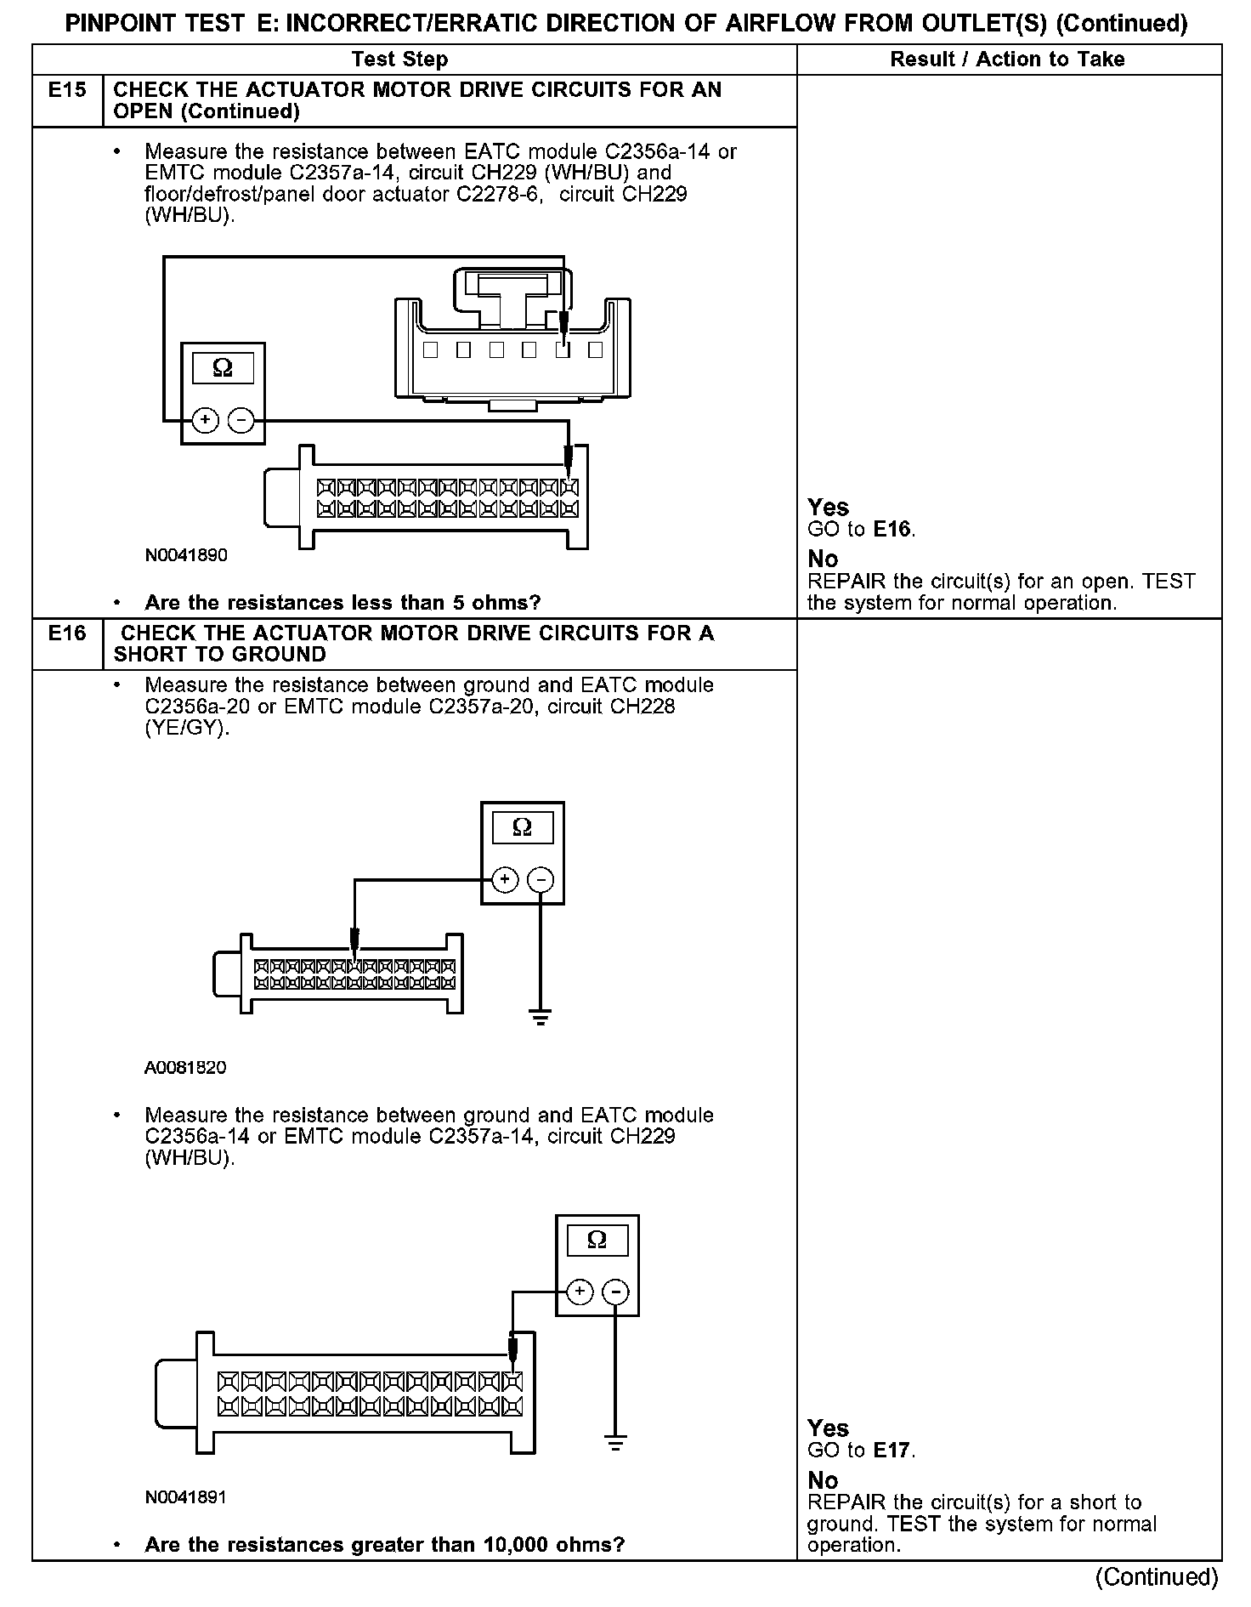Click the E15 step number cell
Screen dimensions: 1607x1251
click(67, 90)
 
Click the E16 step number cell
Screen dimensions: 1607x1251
click(67, 633)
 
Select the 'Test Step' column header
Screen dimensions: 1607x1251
click(399, 59)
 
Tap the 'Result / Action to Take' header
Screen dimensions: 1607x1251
click(1007, 59)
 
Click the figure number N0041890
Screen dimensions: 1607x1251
click(186, 555)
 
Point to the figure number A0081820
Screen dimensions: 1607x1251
click(185, 1067)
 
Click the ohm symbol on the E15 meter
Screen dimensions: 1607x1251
click(223, 368)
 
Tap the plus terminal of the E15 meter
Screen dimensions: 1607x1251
click(205, 420)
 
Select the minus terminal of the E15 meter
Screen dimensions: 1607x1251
click(241, 420)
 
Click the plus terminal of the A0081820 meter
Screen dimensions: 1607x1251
click(505, 879)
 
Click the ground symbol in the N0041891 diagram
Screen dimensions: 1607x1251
click(616, 1442)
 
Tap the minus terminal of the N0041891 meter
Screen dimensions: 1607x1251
click(615, 1292)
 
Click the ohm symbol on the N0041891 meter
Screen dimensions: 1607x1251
click(597, 1241)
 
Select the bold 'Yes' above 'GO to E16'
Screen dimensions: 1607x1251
click(828, 508)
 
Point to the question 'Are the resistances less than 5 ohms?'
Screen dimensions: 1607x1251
click(342, 603)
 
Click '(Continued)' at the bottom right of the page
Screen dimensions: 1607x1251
click(1157, 1577)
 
